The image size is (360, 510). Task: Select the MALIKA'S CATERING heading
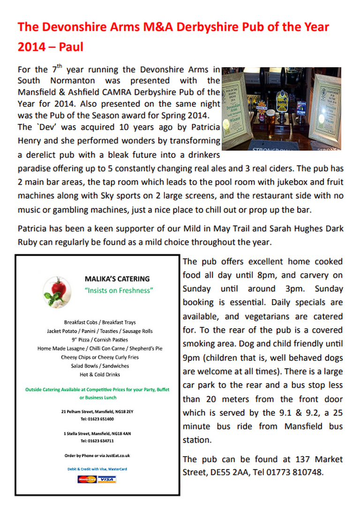(x=117, y=279)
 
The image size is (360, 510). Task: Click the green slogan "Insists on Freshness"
(x=119, y=291)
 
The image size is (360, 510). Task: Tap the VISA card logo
(x=107, y=479)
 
